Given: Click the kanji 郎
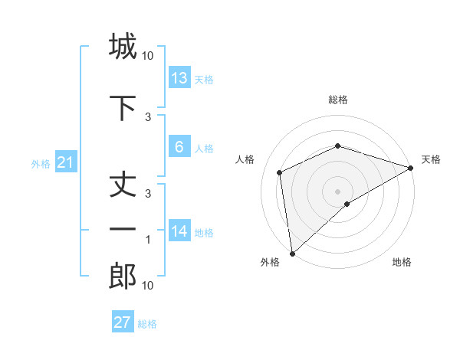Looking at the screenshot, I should [123, 277].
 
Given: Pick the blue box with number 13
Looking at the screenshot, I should [179, 78].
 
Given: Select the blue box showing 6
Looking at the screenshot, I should [179, 148].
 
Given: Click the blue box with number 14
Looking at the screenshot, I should [179, 232].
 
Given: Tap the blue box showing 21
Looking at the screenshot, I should [65, 162].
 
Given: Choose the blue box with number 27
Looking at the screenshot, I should [123, 322].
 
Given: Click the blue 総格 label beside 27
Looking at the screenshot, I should [147, 324].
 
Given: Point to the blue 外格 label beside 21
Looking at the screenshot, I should [41, 164].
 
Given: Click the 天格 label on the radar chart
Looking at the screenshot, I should [431, 159].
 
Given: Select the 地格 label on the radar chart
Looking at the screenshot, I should [402, 262].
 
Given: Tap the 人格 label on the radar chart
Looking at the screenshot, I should [245, 159].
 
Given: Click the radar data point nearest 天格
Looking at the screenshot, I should [411, 168].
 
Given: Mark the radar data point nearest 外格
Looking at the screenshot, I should [291, 254].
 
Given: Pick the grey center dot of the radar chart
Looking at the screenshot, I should [338, 191].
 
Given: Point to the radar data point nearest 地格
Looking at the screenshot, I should [347, 204].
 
